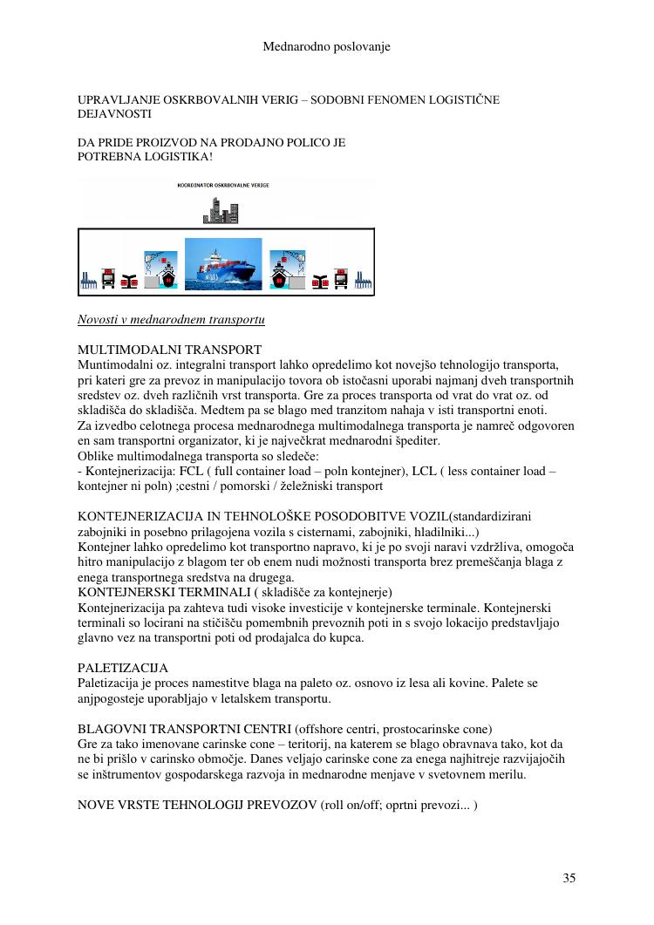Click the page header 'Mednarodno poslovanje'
click(326, 46)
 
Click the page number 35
click(569, 878)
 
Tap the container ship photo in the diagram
click(223, 264)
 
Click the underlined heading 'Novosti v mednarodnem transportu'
click(171, 320)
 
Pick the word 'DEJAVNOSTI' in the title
click(114, 113)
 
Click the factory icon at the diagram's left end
click(87, 281)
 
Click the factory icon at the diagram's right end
click(363, 281)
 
